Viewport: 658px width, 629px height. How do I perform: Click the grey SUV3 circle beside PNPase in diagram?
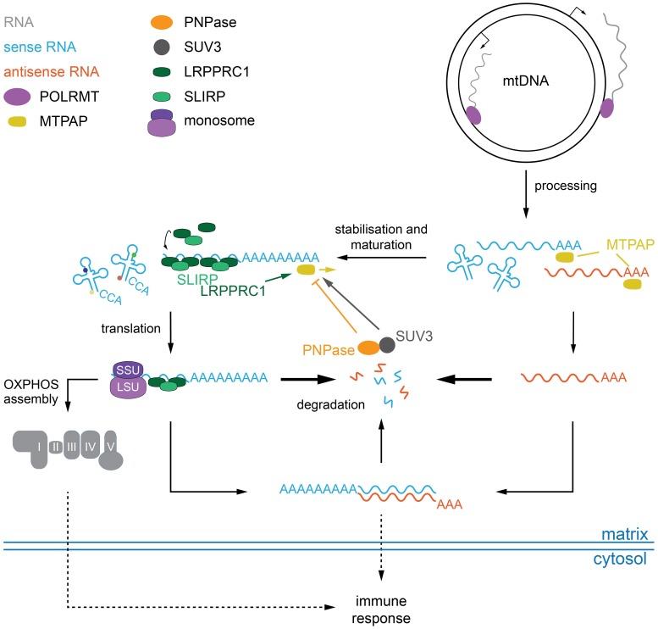click(x=389, y=345)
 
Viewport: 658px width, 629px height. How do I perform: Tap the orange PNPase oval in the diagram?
click(x=370, y=348)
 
